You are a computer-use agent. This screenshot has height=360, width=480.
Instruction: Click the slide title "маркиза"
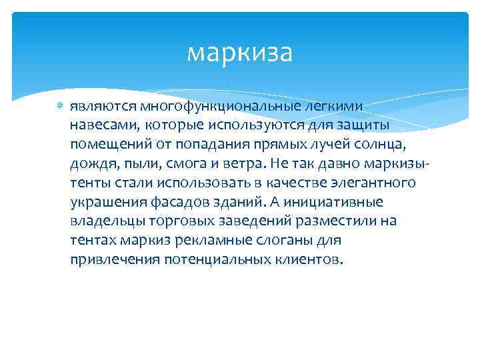239,53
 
